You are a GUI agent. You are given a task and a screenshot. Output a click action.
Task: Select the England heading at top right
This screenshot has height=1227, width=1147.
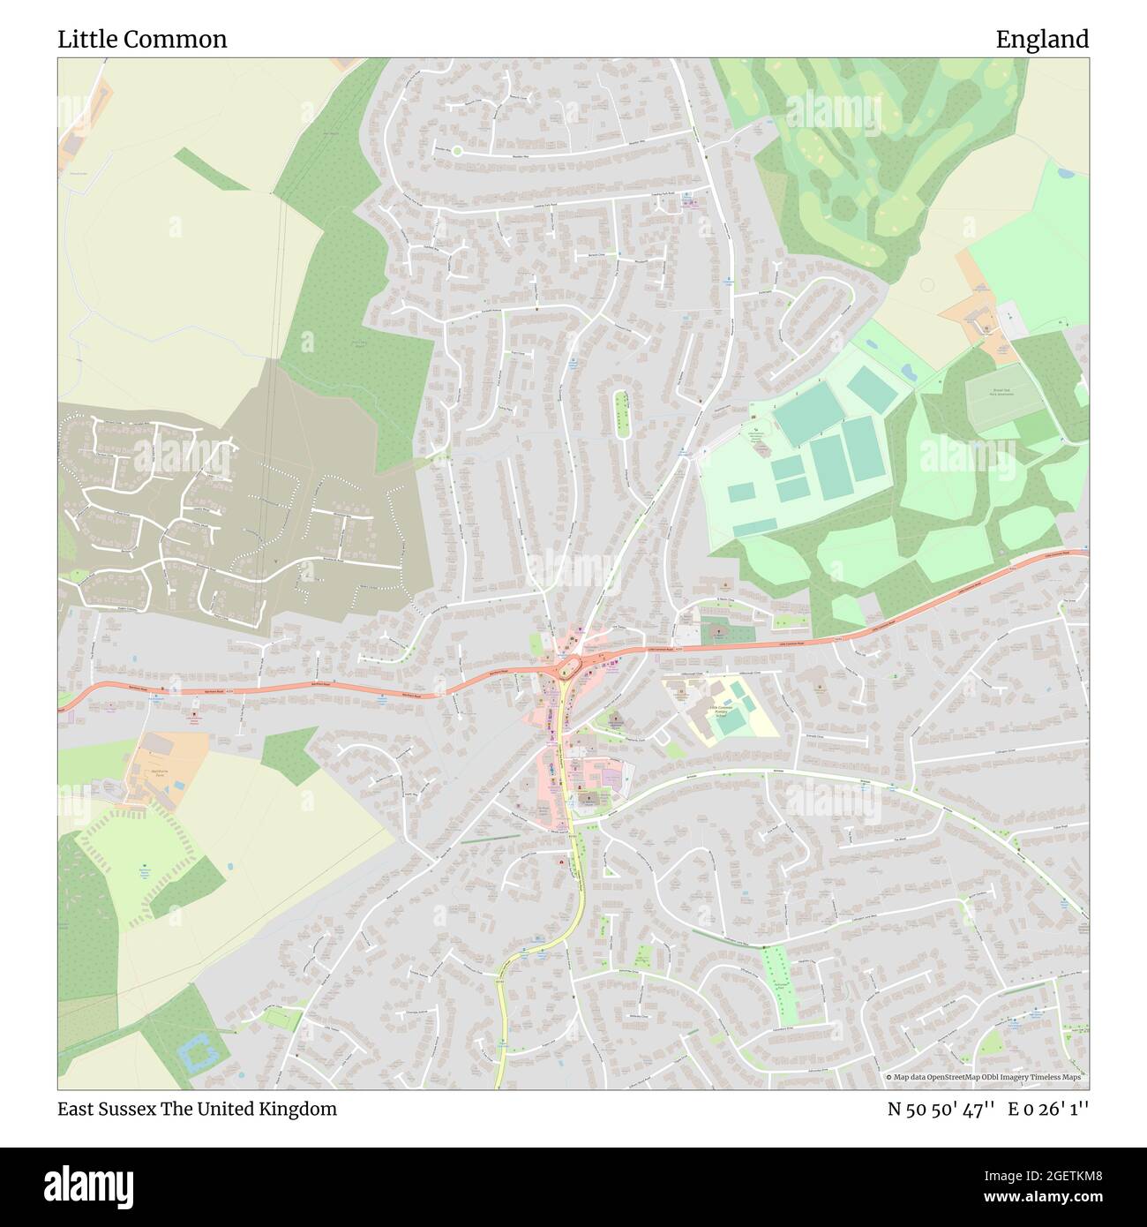(x=1042, y=40)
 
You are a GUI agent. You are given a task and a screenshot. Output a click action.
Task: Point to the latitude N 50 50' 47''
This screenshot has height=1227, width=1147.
(x=941, y=1109)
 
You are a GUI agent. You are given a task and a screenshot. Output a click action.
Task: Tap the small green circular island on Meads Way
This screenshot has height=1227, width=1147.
(x=457, y=151)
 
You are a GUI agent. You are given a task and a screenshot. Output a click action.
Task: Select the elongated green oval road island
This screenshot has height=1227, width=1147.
(x=621, y=411)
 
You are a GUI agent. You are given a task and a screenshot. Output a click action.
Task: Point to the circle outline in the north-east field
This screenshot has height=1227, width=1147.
(x=926, y=284)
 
